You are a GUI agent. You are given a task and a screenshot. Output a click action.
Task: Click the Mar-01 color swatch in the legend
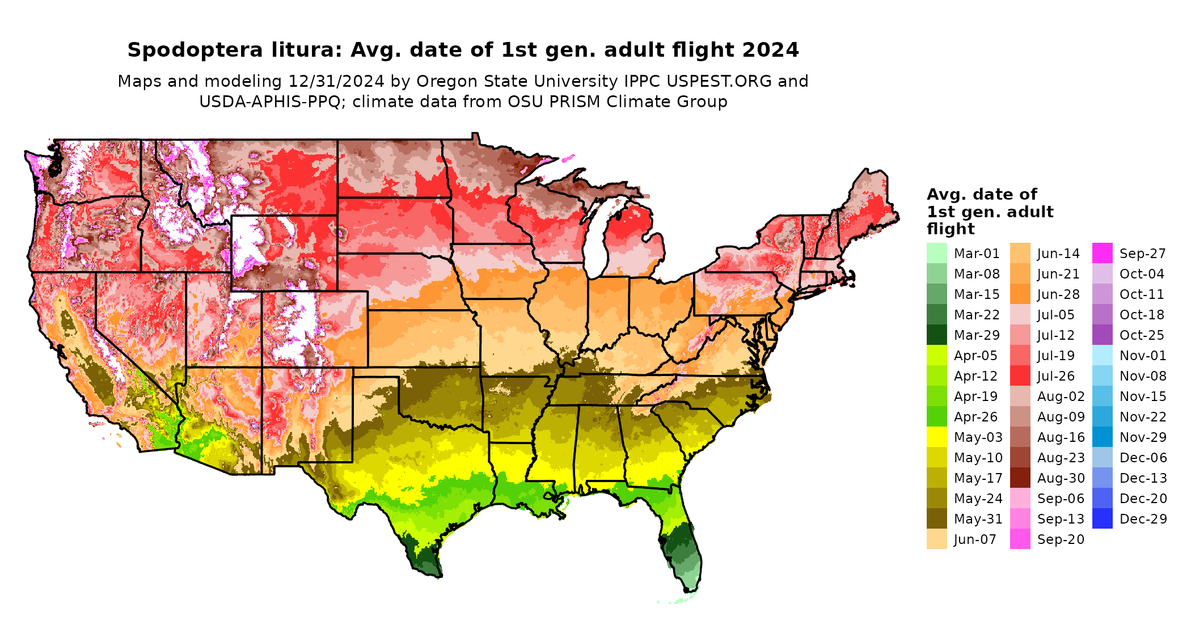[x=936, y=253]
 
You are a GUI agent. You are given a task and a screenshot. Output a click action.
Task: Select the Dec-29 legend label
[x=1143, y=519]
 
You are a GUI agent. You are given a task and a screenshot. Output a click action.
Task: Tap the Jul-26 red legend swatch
[x=1020, y=375]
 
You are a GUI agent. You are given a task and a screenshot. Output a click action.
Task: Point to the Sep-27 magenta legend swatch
[x=1102, y=253]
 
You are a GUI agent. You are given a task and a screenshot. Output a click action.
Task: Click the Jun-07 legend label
[x=975, y=539]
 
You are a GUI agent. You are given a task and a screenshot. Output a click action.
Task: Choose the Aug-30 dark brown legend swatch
[x=1020, y=478]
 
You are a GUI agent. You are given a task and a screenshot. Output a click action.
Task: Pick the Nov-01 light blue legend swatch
[x=1102, y=355]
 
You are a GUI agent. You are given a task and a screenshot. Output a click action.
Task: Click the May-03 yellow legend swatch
[x=936, y=437]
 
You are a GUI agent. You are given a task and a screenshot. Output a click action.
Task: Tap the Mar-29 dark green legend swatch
[x=936, y=335]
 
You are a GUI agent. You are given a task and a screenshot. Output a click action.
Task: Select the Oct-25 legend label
[x=1142, y=335]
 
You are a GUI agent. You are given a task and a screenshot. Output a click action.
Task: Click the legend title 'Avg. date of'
[x=982, y=195]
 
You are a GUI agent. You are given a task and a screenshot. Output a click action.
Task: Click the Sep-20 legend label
[x=1061, y=539]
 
